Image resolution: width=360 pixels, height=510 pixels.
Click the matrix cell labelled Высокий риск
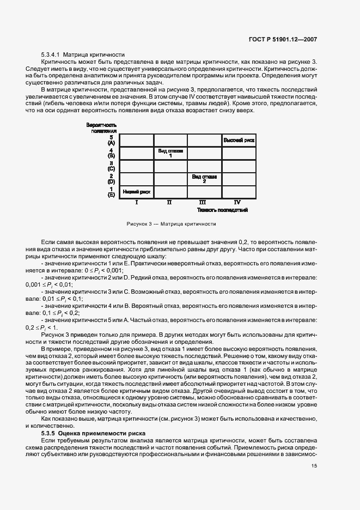pos(239,141)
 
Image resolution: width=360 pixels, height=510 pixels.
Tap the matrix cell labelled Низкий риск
pos(136,191)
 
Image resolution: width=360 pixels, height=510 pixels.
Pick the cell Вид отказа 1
pos(170,153)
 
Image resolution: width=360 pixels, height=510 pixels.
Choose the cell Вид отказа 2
pos(204,179)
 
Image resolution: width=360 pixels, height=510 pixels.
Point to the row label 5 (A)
pos(111,140)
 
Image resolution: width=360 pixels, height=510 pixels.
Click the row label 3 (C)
pos(111,166)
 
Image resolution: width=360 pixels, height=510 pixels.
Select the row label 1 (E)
pos(111,191)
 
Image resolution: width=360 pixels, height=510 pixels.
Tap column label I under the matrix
pos(136,202)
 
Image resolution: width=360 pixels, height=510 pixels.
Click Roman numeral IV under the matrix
pos(238,202)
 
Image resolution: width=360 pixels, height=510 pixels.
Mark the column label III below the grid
pos(204,202)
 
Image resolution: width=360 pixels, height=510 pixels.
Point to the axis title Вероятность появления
pos(101,128)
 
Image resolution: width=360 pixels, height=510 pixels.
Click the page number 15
pos(314,466)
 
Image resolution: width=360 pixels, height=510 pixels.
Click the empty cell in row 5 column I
pos(136,141)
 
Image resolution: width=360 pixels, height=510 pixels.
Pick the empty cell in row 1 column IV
pos(238,191)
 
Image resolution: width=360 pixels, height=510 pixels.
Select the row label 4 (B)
pos(111,153)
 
